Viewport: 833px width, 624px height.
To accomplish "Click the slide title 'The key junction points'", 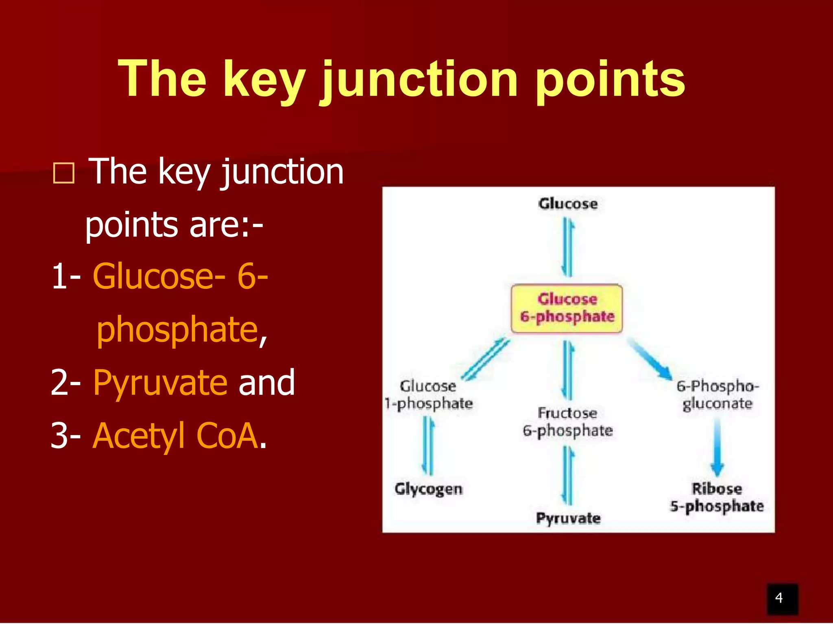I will [x=401, y=79].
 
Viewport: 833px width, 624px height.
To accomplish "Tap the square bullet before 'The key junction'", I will [x=64, y=174].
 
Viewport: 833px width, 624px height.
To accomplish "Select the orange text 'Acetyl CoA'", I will [x=176, y=435].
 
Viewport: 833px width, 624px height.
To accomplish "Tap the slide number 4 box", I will [x=782, y=598].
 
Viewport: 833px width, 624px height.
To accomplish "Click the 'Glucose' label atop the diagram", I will [x=568, y=204].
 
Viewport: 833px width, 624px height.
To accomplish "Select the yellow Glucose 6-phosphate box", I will [x=567, y=308].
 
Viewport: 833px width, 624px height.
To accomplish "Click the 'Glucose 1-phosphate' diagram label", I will [x=428, y=395].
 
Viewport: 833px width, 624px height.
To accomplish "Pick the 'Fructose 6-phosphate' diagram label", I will [x=568, y=422].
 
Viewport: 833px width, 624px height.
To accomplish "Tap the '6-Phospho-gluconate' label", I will [x=717, y=395].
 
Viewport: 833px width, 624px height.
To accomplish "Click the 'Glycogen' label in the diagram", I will [x=428, y=489].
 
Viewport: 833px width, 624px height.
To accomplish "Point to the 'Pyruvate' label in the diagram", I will [x=568, y=518].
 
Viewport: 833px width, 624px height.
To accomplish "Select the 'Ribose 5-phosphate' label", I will [x=717, y=497].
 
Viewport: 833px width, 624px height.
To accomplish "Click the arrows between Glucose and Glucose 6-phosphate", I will [x=567, y=247].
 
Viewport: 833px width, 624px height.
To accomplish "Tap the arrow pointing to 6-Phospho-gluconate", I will [x=650, y=359].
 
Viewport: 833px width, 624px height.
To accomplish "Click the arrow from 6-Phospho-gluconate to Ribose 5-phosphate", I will [x=717, y=447].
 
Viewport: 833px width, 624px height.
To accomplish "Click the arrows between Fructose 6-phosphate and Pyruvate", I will [x=568, y=475].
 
